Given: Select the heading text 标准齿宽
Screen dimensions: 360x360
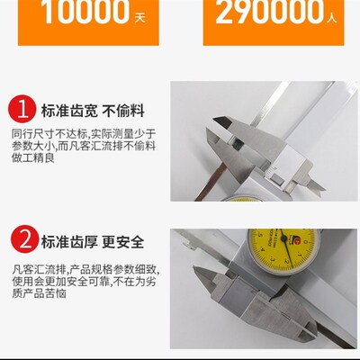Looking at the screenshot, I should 66,111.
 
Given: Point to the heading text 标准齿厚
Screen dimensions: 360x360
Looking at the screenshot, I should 66,241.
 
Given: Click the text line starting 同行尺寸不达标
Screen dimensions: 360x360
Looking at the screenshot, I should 84,131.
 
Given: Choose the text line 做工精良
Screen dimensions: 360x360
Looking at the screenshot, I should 33,157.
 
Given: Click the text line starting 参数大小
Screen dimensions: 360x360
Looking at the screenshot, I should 84,144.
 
